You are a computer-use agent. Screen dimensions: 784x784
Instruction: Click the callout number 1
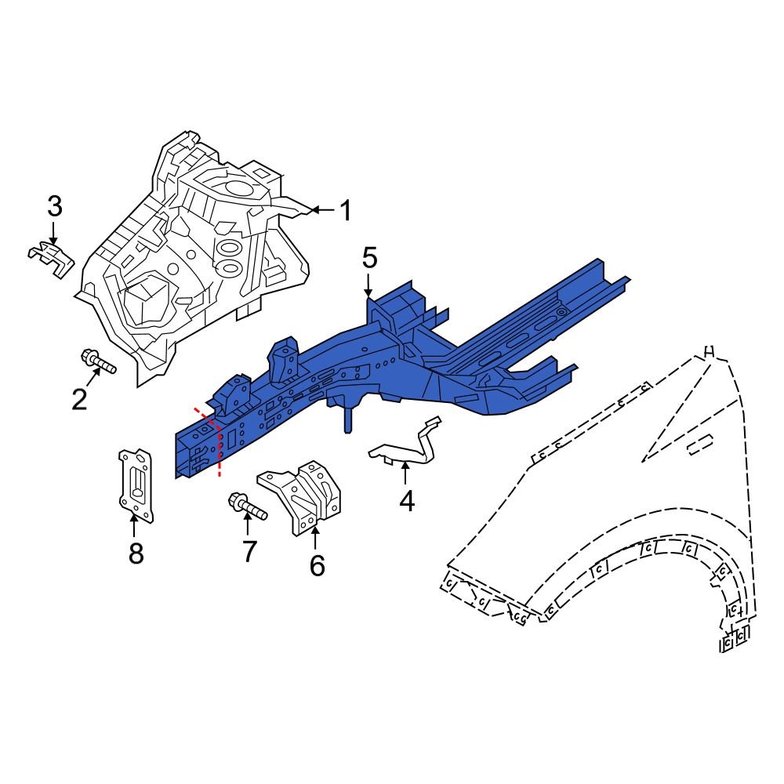345,211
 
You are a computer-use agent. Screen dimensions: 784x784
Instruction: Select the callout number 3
54,208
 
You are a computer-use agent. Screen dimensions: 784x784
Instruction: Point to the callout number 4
406,500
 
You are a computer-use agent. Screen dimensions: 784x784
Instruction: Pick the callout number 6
317,564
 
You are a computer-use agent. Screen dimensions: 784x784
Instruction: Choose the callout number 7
249,552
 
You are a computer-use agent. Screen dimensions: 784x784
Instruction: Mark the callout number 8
136,554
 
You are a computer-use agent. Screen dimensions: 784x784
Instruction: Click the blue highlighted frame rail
439,345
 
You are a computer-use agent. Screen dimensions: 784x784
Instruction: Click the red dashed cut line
218,451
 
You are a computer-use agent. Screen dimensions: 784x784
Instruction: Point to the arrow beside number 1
321,210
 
